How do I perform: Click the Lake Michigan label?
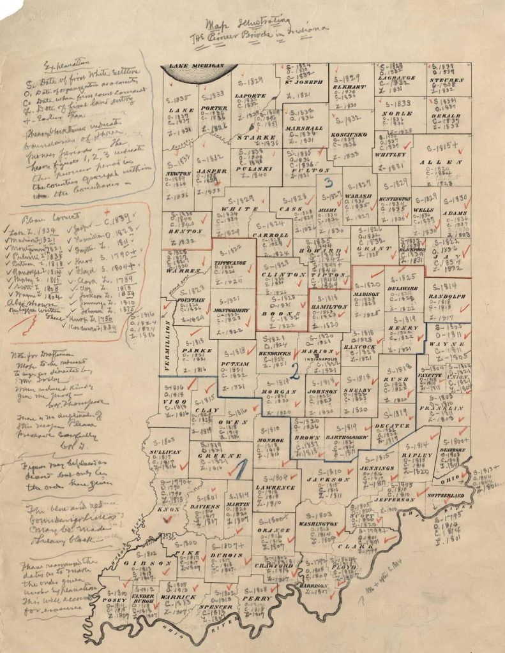click(196, 66)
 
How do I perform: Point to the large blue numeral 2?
click(295, 368)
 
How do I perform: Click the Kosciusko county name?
click(349, 135)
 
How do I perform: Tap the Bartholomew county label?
click(348, 437)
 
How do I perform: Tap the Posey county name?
click(119, 601)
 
